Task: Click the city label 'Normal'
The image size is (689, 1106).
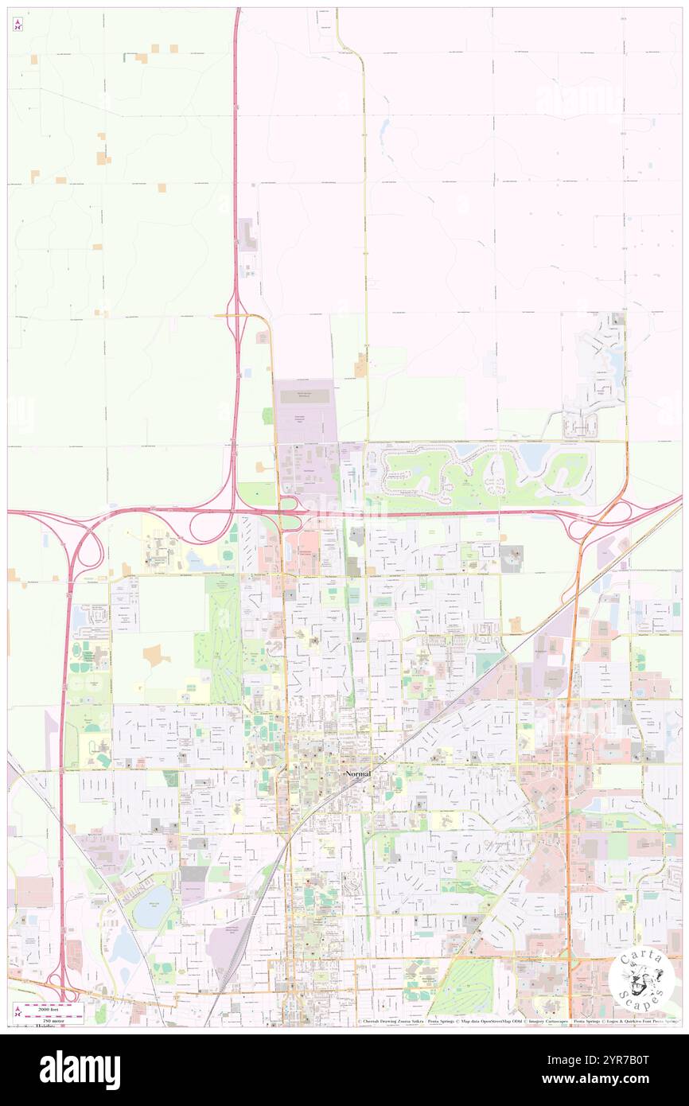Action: (x=356, y=773)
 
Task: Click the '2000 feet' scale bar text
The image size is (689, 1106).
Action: (x=52, y=1005)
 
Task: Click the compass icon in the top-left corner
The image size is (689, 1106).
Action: (x=18, y=25)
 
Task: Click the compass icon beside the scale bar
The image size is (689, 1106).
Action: (x=18, y=1011)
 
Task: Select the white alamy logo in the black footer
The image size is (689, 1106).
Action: (x=80, y=1069)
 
